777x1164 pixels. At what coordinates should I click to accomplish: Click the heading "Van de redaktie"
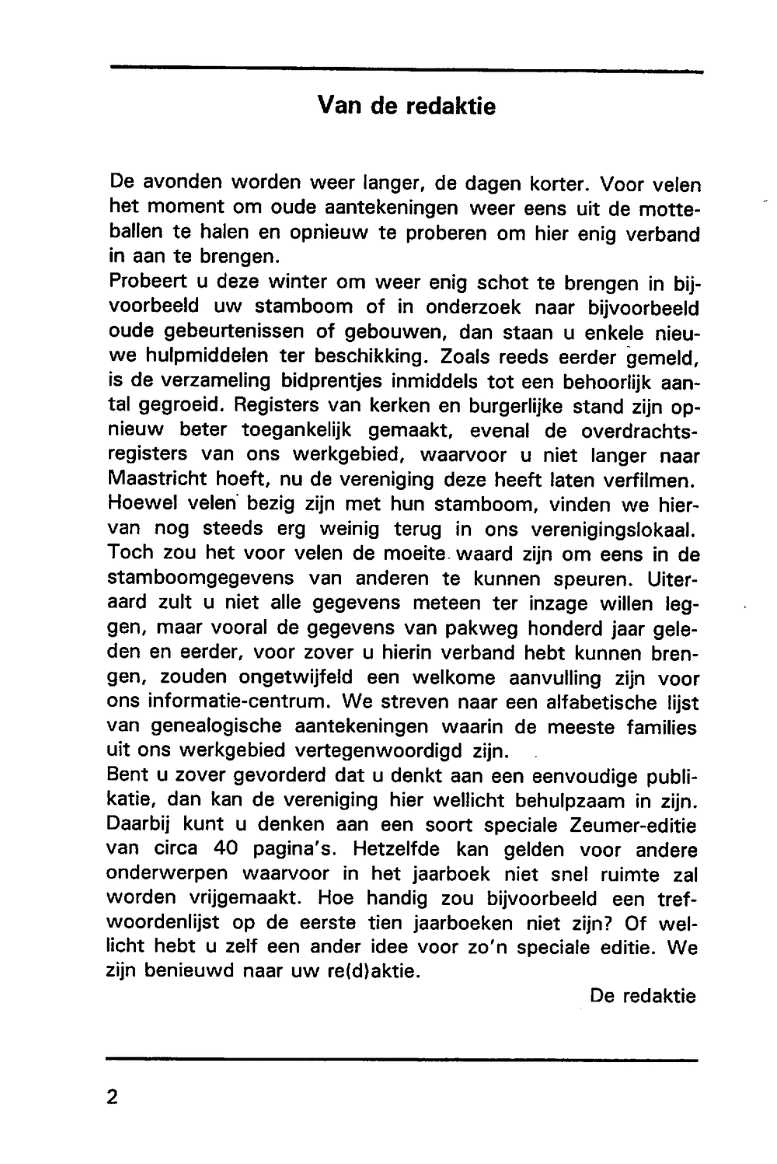(406, 106)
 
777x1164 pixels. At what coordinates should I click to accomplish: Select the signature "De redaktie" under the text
(643, 995)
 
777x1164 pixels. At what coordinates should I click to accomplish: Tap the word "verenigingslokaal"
(614, 530)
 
